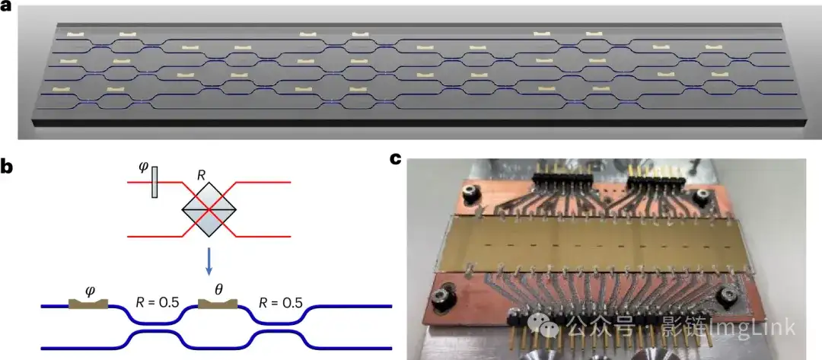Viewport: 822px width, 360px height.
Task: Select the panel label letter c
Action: tap(395, 159)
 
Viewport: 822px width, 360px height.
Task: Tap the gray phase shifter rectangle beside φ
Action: tap(155, 184)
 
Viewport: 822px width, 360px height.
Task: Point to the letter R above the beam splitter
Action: tap(201, 175)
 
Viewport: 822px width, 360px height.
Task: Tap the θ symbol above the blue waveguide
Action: tap(218, 290)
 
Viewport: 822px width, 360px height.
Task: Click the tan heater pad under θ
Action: tap(218, 304)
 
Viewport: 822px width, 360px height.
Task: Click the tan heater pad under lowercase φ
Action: tap(88, 304)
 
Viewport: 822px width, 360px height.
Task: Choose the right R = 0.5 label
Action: tap(280, 301)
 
